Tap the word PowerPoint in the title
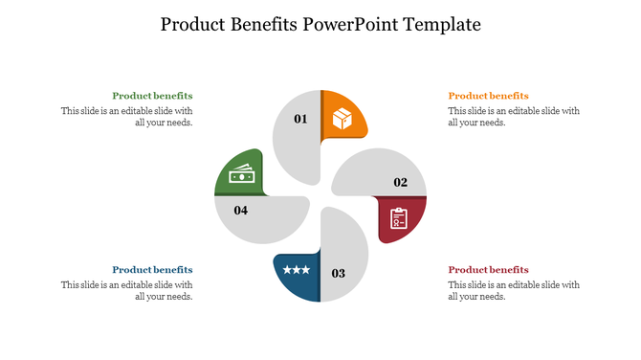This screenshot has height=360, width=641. tap(346, 24)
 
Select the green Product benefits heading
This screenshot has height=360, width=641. tap(152, 96)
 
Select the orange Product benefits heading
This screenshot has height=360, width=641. tap(488, 96)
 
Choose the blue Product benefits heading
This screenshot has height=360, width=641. tap(152, 270)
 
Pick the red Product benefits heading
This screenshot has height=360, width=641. tap(488, 270)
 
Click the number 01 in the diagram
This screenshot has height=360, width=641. tap(300, 120)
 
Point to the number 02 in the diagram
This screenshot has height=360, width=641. tap(400, 182)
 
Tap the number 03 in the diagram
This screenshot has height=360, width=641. tap(338, 274)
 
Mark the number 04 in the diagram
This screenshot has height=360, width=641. tap(241, 210)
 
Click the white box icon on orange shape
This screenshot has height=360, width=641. tap(342, 119)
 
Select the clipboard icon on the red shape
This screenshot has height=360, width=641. tap(398, 219)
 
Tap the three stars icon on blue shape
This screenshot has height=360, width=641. tap(296, 271)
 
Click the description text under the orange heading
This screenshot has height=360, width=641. tap(514, 117)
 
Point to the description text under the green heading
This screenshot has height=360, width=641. tap(127, 117)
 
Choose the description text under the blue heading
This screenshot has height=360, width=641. tap(127, 291)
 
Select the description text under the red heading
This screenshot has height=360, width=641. tap(514, 291)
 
